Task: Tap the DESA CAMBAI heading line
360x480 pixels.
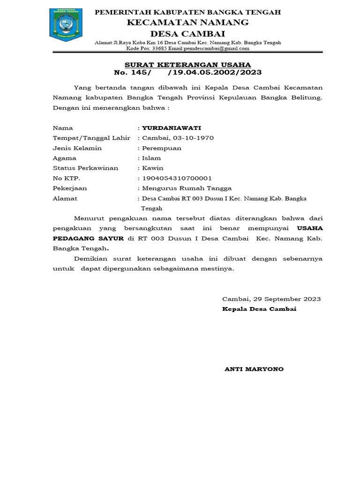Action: point(187,33)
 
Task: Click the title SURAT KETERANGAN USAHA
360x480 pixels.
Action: point(187,65)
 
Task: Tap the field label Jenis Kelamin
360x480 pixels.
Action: point(77,148)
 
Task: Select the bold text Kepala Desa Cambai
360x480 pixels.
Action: point(259,309)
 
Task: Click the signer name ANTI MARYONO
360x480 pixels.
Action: point(255,369)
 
